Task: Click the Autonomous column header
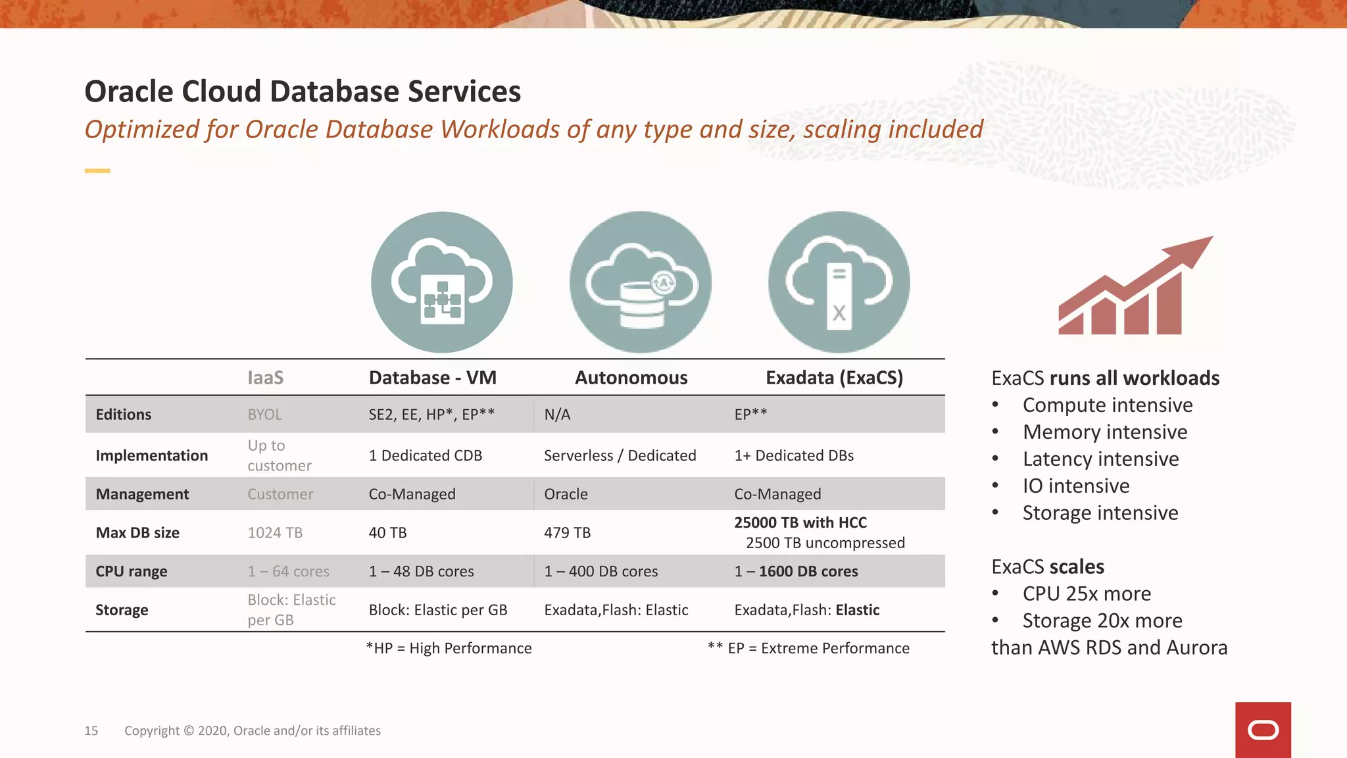pos(631,378)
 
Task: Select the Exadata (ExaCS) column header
pos(834,378)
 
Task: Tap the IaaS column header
pos(265,378)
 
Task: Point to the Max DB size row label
pos(137,533)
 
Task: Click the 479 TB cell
pos(567,533)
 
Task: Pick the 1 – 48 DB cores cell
pos(421,572)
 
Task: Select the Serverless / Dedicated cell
pos(620,455)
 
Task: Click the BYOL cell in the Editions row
pos(264,415)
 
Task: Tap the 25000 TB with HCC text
pos(800,522)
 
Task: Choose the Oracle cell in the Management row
pos(566,494)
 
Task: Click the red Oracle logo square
pos(1263,730)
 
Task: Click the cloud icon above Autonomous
pos(640,282)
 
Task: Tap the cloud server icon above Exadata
pos(839,282)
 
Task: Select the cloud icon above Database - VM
pos(441,282)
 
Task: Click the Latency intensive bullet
pos(1100,459)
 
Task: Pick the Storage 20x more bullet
pos(1102,620)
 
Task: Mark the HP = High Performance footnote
pos(449,649)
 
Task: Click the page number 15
pos(91,731)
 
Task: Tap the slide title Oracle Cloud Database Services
pos(303,91)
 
